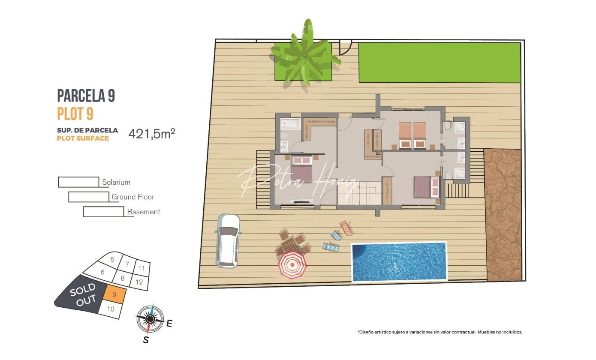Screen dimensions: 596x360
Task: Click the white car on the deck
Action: point(228,241)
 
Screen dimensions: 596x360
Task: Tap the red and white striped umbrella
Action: point(292,265)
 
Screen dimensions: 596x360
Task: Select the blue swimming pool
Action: point(399,261)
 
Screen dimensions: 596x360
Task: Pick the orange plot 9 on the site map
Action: point(114,294)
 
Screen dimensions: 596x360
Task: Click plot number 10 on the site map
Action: point(111,309)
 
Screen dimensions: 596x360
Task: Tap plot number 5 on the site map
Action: point(112,259)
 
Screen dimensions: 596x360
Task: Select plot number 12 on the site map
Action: point(139,282)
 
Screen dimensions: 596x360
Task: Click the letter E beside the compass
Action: point(169,323)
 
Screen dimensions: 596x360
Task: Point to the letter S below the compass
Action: point(146,339)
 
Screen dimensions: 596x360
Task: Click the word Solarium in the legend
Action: point(116,182)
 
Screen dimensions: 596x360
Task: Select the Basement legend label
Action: point(143,212)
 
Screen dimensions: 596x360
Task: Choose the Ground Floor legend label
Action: point(133,197)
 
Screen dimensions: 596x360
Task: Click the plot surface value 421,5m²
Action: point(152,133)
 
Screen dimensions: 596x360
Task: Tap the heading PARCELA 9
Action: point(86,96)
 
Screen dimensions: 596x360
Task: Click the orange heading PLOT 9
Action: point(75,114)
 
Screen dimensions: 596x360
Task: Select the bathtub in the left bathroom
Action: point(291,124)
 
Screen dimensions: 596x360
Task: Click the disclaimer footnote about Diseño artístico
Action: point(440,332)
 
